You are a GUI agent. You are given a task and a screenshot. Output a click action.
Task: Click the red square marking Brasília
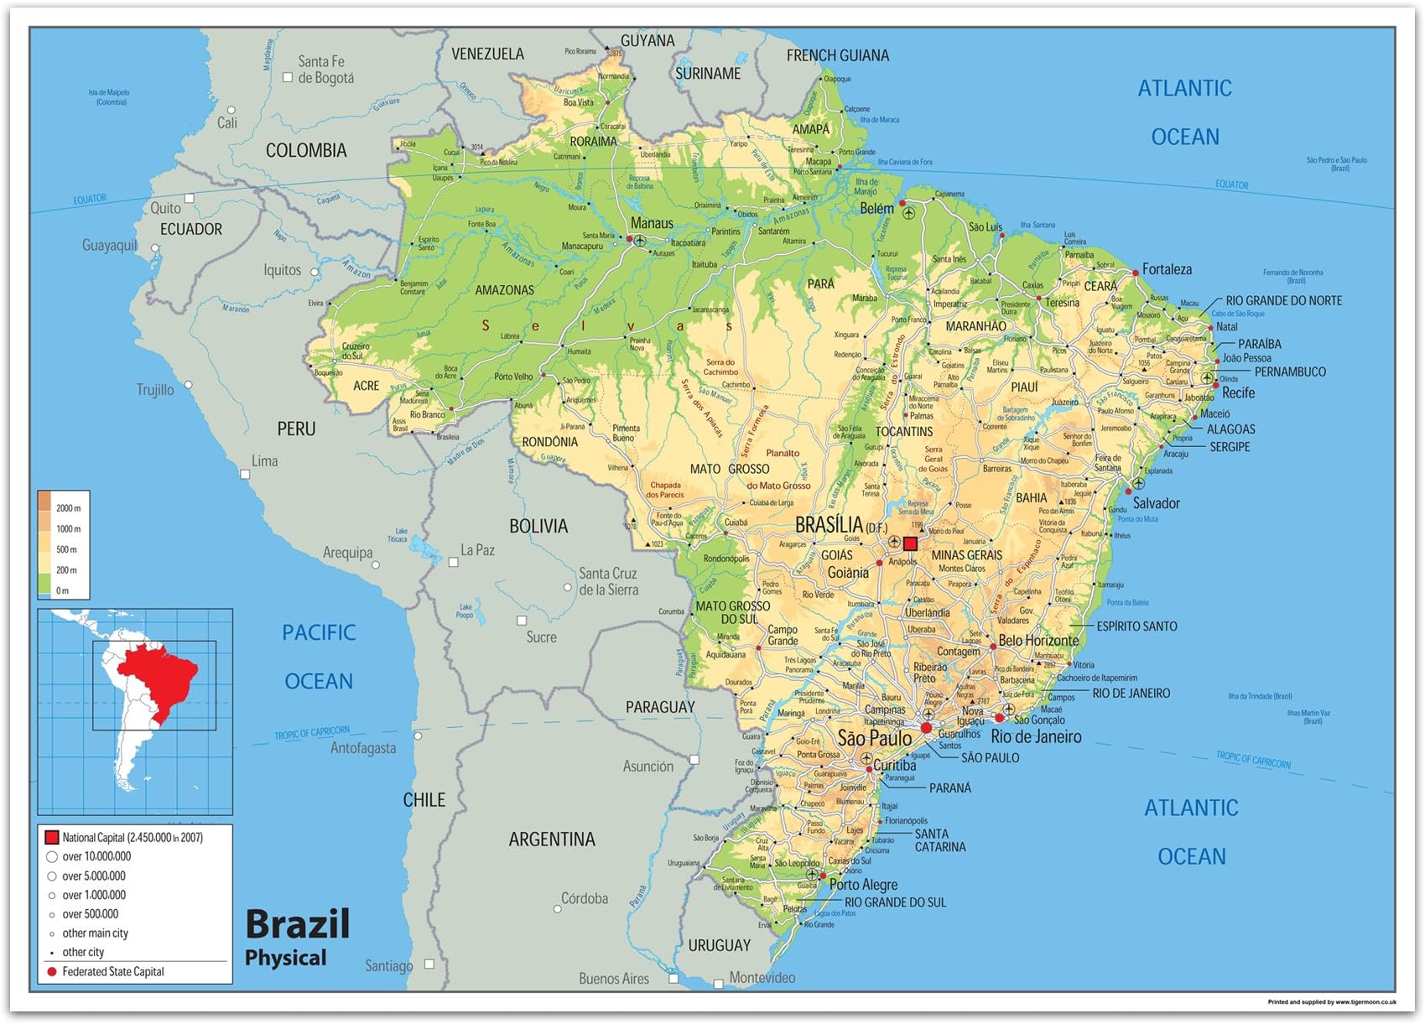tap(910, 543)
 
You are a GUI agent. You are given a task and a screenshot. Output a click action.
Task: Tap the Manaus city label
tap(652, 223)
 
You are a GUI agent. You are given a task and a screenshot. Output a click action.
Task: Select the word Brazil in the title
tap(297, 924)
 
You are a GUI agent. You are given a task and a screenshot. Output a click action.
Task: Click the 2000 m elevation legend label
tap(68, 508)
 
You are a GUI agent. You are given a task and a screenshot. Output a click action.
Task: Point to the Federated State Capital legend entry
tap(112, 971)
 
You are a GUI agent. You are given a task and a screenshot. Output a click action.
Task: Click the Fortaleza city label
tap(1166, 269)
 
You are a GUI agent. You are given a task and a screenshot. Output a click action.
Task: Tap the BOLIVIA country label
tap(538, 527)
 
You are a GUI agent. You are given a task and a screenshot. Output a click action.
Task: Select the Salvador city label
tap(1156, 503)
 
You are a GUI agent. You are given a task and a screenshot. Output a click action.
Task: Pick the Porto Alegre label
tap(863, 884)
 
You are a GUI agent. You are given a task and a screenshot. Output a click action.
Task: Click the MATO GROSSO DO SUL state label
tap(732, 612)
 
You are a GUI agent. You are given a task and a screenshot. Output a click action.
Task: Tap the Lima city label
tap(264, 461)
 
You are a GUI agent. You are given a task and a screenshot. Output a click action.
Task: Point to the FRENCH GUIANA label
tap(837, 55)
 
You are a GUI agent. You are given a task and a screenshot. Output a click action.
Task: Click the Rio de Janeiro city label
tap(1036, 736)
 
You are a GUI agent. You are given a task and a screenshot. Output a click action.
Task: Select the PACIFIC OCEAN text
tap(319, 656)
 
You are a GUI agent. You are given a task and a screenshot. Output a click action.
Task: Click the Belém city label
tap(876, 209)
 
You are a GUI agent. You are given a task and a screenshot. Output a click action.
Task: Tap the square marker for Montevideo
tap(718, 984)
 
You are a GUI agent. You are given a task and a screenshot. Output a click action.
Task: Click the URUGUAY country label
tap(719, 945)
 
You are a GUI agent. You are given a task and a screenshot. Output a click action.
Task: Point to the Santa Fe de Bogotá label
tap(325, 70)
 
